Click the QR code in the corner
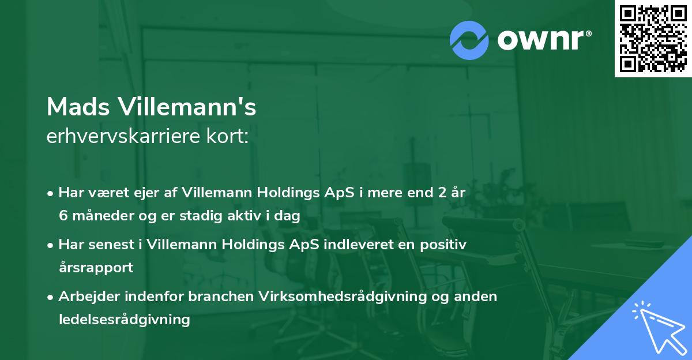coord(653,38)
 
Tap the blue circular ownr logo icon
coord(469,40)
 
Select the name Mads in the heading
coord(78,107)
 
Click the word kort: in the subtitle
coord(230,137)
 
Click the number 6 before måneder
coord(62,216)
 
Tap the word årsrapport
coord(96,267)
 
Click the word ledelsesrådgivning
coord(124,319)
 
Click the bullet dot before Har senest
coord(51,245)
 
